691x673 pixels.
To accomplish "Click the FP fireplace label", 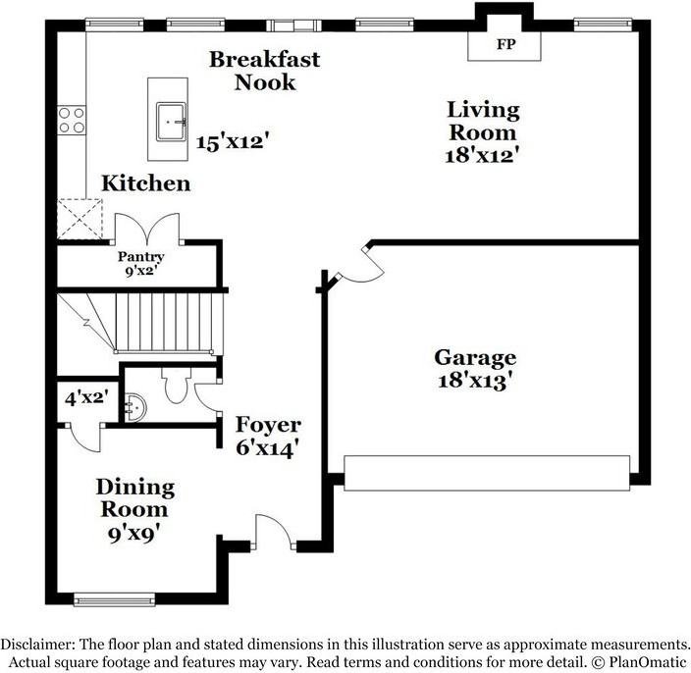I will coord(505,44).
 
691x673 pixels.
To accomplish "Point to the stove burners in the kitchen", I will coord(72,121).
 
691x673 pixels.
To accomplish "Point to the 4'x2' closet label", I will coord(85,399).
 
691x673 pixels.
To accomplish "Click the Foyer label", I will coord(268,426).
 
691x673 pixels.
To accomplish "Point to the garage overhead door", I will coord(486,472).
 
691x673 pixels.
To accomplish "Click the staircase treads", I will coord(164,322).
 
